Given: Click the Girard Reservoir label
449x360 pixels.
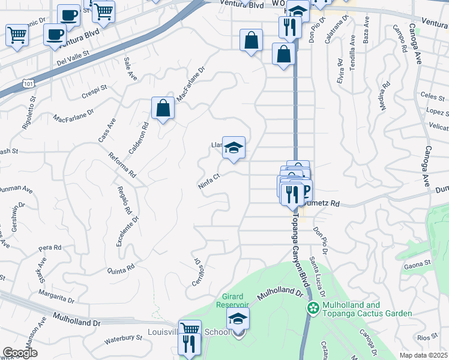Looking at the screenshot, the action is tap(232, 300).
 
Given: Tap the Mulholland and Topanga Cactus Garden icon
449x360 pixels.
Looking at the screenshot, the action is tap(312, 308).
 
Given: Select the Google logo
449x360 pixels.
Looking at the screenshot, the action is tap(20, 353).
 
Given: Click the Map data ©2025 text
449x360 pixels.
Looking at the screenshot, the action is tap(423, 355).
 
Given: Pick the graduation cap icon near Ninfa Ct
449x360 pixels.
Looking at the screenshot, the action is tap(234, 147).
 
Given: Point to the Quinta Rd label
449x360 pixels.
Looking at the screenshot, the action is tap(122, 271).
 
